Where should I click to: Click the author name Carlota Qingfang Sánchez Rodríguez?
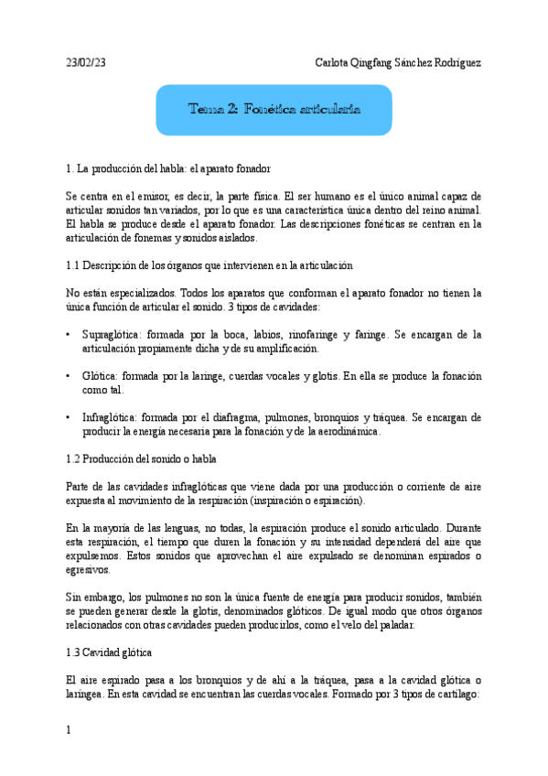[x=397, y=62]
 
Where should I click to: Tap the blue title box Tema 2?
[x=274, y=109]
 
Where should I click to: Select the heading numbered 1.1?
[x=210, y=265]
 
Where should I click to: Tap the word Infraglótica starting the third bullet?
[x=110, y=418]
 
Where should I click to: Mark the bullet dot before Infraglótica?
[x=69, y=418]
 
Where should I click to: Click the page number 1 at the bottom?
[x=69, y=729]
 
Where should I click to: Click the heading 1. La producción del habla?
[x=167, y=169]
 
